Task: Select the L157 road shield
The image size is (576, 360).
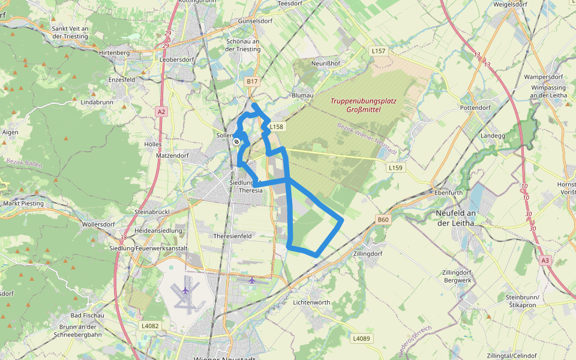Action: click(378, 51)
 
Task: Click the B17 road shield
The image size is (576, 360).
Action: click(252, 81)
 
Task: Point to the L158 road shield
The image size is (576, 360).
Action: click(275, 127)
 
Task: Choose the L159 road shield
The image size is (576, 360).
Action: click(395, 167)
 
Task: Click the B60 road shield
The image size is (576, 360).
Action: click(383, 220)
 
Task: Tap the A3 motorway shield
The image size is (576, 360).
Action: click(545, 260)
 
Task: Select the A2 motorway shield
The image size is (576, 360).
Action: click(160, 112)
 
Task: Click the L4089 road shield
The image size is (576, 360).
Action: click(361, 338)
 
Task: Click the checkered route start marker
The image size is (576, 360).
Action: click(237, 142)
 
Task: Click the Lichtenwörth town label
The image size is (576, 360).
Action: click(311, 302)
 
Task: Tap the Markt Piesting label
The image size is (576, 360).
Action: click(24, 203)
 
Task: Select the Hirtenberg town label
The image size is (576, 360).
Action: click(114, 53)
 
